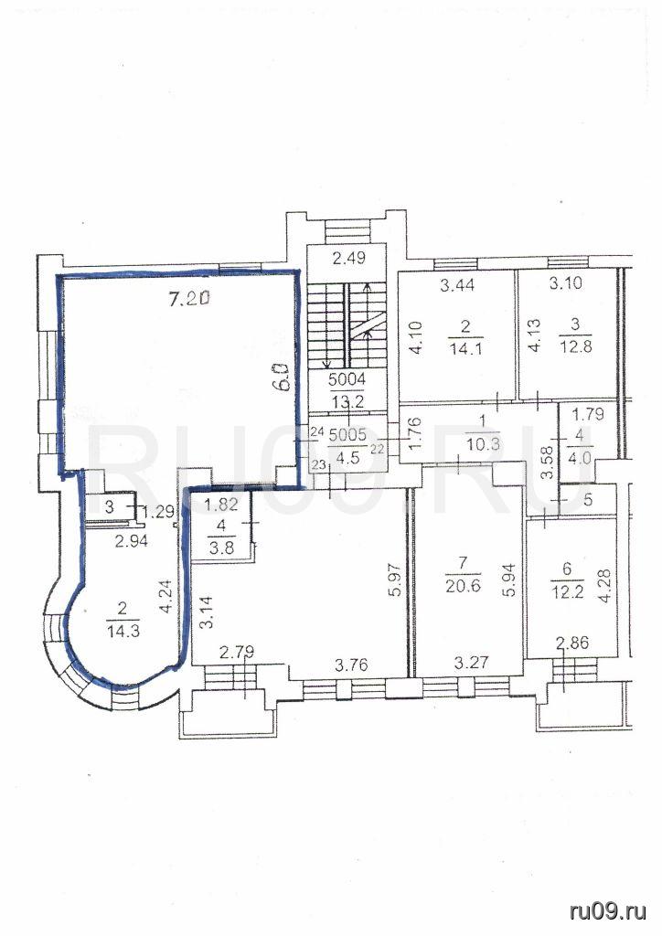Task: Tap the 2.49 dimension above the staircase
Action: pyautogui.click(x=348, y=259)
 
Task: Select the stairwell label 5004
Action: pyautogui.click(x=347, y=379)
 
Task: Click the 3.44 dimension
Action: pyautogui.click(x=456, y=285)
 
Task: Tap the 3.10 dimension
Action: pyautogui.click(x=564, y=283)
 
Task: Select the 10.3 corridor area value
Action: pyautogui.click(x=481, y=445)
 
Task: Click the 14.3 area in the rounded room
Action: pyautogui.click(x=123, y=631)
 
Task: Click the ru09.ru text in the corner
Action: pyautogui.click(x=608, y=911)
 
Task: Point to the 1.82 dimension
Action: pyautogui.click(x=221, y=504)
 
